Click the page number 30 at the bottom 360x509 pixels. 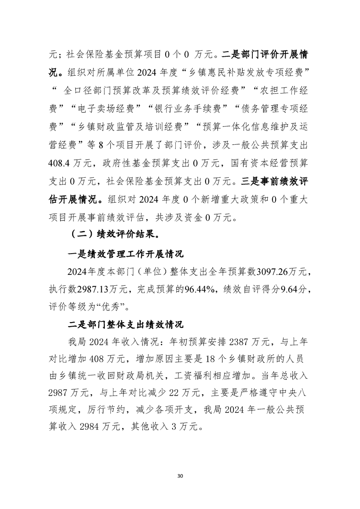pyautogui.click(x=180, y=476)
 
